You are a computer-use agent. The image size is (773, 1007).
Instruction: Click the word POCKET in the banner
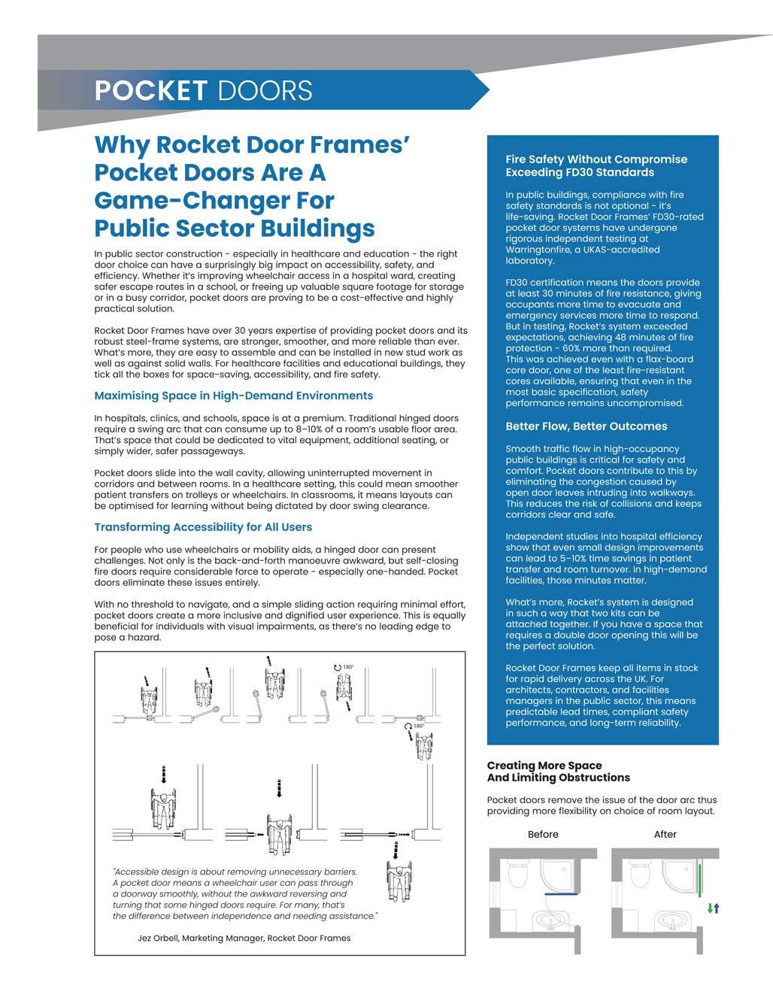pos(150,90)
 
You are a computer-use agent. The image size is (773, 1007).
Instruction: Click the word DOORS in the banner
pos(264,90)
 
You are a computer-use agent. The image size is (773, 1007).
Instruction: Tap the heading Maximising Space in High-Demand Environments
pos(233,396)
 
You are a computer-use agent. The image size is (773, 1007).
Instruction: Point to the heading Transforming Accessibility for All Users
pos(203,527)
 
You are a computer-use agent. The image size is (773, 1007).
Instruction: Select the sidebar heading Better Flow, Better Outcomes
pos(586,426)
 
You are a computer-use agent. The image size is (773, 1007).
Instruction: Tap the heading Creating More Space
pos(544,766)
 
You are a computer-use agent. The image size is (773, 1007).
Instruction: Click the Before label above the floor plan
pos(543,834)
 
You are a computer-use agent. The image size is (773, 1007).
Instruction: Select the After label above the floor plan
pos(665,834)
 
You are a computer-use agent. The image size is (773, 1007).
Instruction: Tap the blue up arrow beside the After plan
pos(717,908)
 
